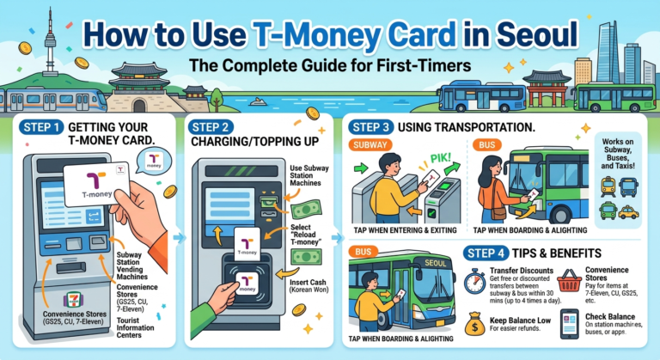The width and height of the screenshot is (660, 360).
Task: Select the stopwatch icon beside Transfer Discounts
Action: tap(475, 280)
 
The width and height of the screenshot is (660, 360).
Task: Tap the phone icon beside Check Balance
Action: tap(568, 324)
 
